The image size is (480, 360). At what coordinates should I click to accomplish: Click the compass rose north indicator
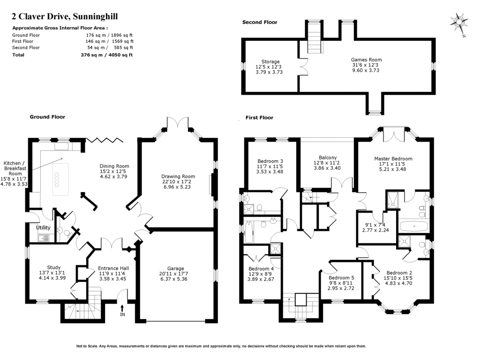(x=459, y=22)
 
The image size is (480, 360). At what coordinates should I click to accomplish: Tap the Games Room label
(x=366, y=60)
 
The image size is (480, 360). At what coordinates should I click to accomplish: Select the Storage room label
(x=270, y=61)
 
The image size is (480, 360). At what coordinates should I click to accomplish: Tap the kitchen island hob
(x=58, y=179)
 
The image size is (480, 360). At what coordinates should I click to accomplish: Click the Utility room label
(x=43, y=228)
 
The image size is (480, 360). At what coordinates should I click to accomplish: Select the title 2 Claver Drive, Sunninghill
(x=65, y=17)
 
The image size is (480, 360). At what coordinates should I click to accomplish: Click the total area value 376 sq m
(x=92, y=55)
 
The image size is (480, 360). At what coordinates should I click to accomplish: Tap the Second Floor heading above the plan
(x=260, y=22)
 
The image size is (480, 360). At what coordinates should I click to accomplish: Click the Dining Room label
(x=114, y=166)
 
